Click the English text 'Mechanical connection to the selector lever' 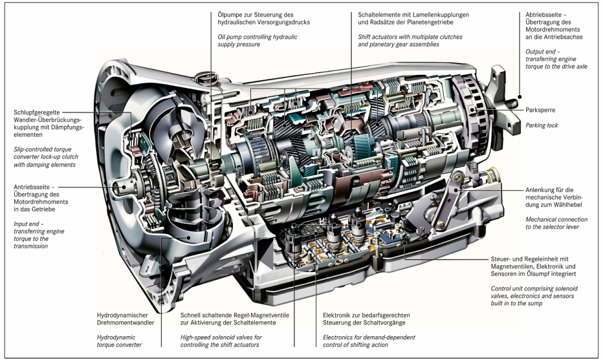(x=556, y=223)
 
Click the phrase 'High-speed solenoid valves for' (x=221, y=337)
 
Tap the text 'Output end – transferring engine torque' (x=556, y=59)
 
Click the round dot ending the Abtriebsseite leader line (x=519, y=96)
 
